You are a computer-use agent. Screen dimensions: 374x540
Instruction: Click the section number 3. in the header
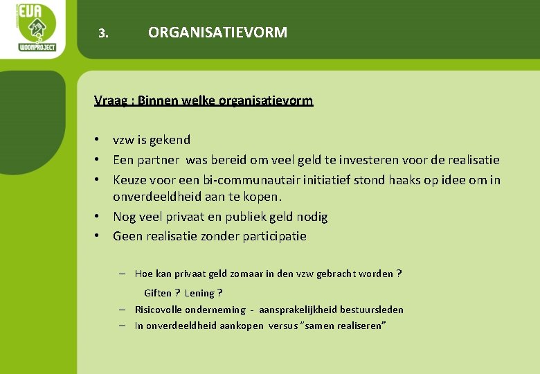click(104, 33)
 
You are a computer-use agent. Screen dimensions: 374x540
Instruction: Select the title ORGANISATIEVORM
click(217, 33)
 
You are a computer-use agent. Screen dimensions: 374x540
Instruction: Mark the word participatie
click(274, 236)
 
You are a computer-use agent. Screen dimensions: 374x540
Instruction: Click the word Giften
click(157, 293)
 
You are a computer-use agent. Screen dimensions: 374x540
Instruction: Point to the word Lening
click(199, 293)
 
